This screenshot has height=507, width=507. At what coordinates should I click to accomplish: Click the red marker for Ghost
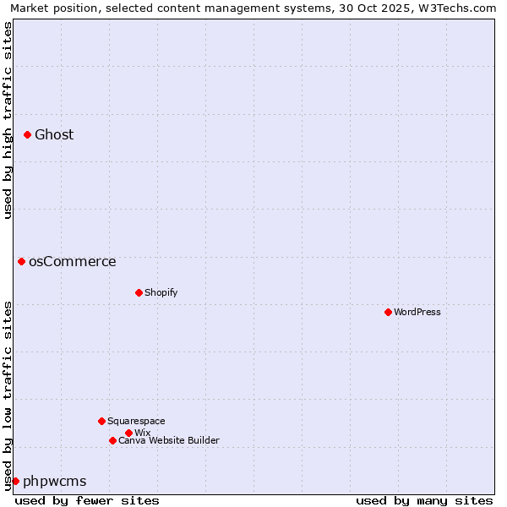pos(27,134)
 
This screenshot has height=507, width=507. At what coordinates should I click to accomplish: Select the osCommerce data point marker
pos(21,261)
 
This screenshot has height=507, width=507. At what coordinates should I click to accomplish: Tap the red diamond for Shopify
pos(139,292)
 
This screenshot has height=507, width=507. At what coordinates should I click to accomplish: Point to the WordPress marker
pos(388,312)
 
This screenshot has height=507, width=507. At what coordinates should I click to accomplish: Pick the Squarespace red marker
pos(101,421)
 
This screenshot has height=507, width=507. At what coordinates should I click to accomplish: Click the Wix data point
pos(128,433)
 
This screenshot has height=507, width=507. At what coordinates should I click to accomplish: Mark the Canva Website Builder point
pos(112,440)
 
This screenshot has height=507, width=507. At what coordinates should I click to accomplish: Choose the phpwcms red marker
pos(15,481)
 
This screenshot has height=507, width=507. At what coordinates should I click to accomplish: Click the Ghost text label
pos(54,134)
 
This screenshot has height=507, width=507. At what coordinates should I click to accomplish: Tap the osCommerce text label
pos(73,261)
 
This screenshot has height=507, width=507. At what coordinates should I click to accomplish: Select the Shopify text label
pos(161,292)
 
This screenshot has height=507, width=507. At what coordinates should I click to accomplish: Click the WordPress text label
pos(417,312)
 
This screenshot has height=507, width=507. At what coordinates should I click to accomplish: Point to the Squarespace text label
pos(136,421)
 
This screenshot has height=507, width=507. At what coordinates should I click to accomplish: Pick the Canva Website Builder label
pos(169,440)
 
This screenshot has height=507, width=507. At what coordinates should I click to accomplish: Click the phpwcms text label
pos(55,481)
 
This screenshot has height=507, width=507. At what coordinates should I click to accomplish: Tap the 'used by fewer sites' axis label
pos(87,500)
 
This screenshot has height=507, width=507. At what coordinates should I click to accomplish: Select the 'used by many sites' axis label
pos(424,500)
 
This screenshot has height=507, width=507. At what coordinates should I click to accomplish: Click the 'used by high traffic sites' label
pos(8,121)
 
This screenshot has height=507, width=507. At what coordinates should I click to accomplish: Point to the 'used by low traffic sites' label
pos(8,395)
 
